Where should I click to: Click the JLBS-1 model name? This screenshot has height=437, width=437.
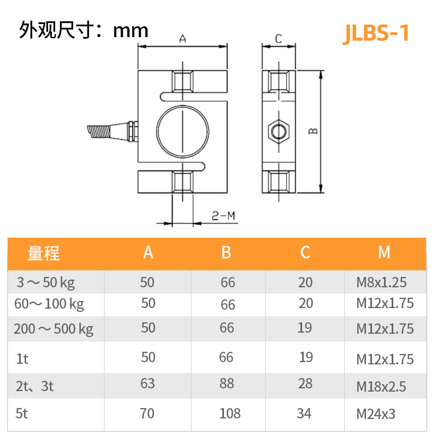(x=376, y=33)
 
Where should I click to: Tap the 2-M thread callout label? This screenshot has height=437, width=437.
(x=223, y=216)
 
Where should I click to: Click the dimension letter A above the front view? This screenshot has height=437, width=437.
(x=183, y=39)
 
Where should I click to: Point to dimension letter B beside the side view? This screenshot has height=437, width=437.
(x=313, y=131)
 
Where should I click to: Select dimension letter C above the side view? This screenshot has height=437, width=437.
(x=278, y=39)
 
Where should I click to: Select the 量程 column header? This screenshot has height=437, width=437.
(x=44, y=253)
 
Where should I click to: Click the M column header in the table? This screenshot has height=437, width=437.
(x=384, y=252)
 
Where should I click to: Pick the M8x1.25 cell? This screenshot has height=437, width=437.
(x=382, y=283)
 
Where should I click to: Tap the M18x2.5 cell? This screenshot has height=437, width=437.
(x=381, y=387)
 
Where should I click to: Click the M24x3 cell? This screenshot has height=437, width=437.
(x=376, y=414)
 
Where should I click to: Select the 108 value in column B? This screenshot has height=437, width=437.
(x=229, y=414)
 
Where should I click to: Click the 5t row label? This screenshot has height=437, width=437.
(x=22, y=414)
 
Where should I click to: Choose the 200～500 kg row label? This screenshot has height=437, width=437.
(x=54, y=329)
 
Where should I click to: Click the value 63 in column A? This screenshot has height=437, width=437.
(x=148, y=383)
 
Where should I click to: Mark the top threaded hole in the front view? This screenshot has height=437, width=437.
(x=182, y=81)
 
